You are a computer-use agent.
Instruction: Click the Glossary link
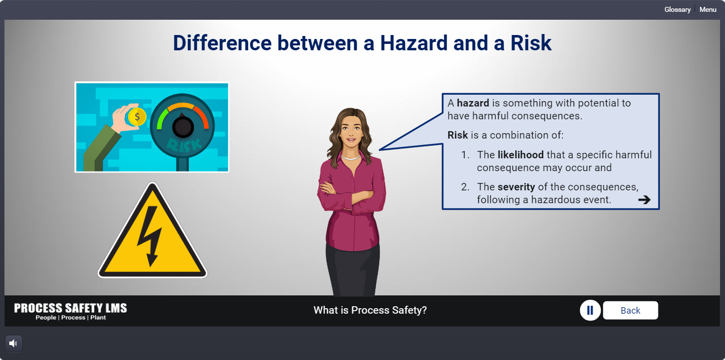click(677, 10)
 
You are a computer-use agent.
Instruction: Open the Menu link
click(708, 10)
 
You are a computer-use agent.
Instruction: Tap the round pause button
click(590, 311)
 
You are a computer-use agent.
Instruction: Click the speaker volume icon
click(13, 344)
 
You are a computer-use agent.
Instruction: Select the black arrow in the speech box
click(644, 200)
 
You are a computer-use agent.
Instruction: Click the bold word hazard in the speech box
click(473, 103)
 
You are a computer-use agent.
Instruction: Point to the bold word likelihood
click(520, 155)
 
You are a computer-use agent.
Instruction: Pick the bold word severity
click(516, 187)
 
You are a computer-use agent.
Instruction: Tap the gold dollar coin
click(137, 117)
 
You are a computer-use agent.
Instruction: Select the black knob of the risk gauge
click(183, 127)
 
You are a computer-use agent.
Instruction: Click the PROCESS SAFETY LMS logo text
click(70, 308)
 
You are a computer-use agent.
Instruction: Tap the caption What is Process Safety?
click(370, 310)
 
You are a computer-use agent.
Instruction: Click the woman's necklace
click(351, 158)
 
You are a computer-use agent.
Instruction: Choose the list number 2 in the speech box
click(465, 187)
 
